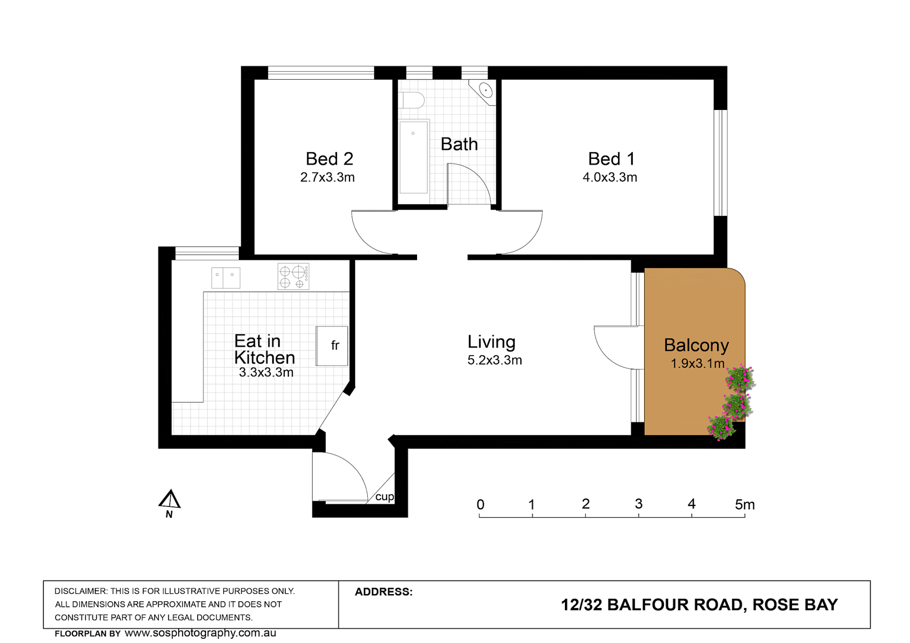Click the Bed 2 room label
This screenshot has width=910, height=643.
329,159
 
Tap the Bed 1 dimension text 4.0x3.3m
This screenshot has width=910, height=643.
610,177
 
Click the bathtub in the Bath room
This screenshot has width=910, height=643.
413,157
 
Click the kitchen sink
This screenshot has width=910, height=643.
226,278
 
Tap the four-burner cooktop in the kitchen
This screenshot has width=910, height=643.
293,276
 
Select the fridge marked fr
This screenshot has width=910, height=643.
332,346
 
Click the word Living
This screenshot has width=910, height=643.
491,342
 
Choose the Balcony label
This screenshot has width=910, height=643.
696,346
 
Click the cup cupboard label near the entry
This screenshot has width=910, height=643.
384,497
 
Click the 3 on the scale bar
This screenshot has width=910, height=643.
638,504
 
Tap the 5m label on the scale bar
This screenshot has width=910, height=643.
745,505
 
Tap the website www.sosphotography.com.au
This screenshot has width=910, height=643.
200,634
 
